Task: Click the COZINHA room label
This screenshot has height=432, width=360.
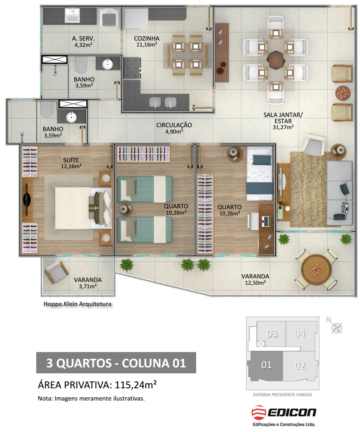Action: point(147,39)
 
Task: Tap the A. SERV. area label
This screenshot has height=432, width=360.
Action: point(83,39)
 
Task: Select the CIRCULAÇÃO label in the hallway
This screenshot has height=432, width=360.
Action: point(174,125)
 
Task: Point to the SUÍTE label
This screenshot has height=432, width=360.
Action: point(71,160)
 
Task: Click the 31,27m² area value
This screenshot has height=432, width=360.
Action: point(283,127)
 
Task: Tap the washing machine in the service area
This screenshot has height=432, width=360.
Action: point(109,17)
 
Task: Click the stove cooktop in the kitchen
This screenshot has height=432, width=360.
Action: point(132,68)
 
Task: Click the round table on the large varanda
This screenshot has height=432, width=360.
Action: point(316,269)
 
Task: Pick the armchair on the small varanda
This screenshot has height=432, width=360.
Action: point(56,272)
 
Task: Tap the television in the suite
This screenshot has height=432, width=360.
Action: point(27,200)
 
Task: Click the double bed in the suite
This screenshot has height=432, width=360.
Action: point(83,208)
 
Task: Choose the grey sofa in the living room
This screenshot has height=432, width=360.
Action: point(340,193)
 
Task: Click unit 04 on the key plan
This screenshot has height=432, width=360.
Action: point(300,334)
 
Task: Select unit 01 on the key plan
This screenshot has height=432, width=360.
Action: point(266,365)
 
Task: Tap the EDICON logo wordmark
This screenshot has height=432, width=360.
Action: point(292,412)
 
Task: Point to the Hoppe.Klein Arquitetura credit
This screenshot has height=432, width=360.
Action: point(78,304)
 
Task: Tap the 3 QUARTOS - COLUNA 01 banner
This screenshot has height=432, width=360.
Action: point(116,363)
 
